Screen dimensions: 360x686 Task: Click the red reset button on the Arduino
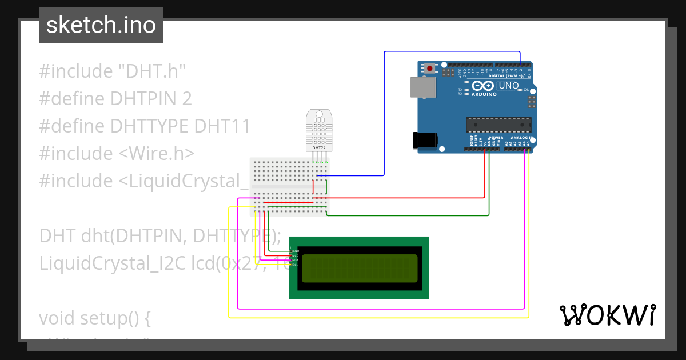(x=430, y=69)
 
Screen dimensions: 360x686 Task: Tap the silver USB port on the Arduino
(x=422, y=87)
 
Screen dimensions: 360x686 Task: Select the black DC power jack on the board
(x=425, y=140)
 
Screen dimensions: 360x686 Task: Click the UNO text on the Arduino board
(x=508, y=86)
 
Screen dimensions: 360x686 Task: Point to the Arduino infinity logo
(x=484, y=87)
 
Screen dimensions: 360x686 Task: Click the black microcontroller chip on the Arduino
(x=498, y=125)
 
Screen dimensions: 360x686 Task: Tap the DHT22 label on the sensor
(x=319, y=147)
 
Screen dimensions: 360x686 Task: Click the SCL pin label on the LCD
(x=295, y=265)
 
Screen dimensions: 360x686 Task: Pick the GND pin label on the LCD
(x=295, y=251)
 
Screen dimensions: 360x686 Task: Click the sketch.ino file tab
(x=101, y=25)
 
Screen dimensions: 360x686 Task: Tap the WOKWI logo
(x=607, y=315)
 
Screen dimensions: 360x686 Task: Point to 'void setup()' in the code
(x=94, y=318)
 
